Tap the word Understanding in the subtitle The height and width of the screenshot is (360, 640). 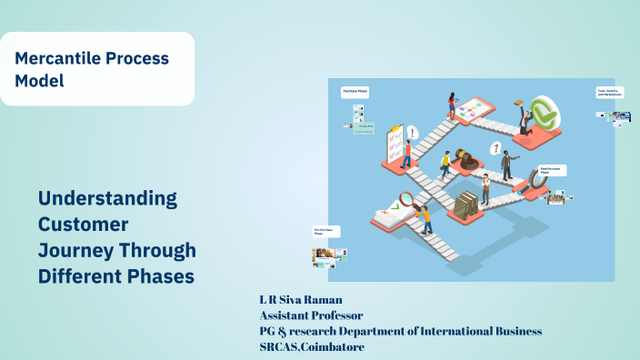107,198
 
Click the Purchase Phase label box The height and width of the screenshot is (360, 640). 355,93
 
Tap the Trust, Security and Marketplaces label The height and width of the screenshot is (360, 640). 608,93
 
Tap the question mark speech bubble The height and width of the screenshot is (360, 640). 495,147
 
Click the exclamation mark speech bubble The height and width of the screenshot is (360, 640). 413,133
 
